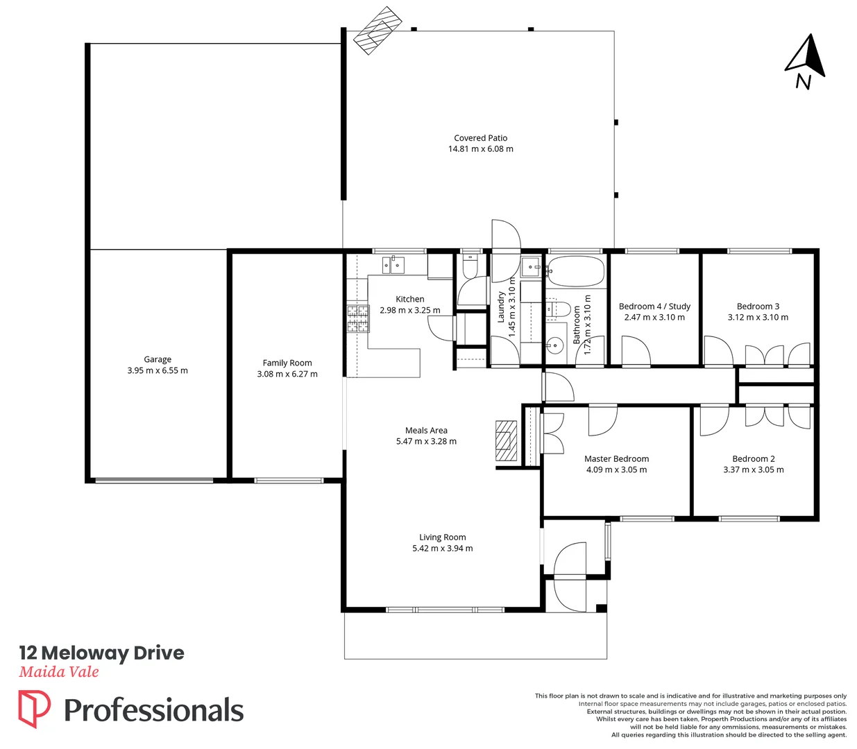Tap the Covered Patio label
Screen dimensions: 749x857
[480, 138]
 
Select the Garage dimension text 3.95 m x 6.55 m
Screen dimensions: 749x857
[158, 370]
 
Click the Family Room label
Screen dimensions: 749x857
[287, 363]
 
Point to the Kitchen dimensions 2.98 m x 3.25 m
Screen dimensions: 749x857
[409, 310]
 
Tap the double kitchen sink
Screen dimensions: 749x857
[393, 264]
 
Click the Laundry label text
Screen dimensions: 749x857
[501, 307]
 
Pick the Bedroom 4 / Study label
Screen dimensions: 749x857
[654, 306]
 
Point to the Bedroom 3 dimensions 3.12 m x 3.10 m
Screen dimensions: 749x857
[758, 317]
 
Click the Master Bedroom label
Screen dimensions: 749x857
[616, 458]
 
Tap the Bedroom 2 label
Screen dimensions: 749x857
[754, 458]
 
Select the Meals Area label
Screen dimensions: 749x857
[426, 430]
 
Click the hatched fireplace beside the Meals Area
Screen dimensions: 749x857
[506, 441]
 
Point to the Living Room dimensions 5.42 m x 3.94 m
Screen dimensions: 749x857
[442, 548]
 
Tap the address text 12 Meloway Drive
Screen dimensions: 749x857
[101, 653]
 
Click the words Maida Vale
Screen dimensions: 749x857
[59, 671]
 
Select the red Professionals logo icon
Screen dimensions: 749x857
[34, 708]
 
